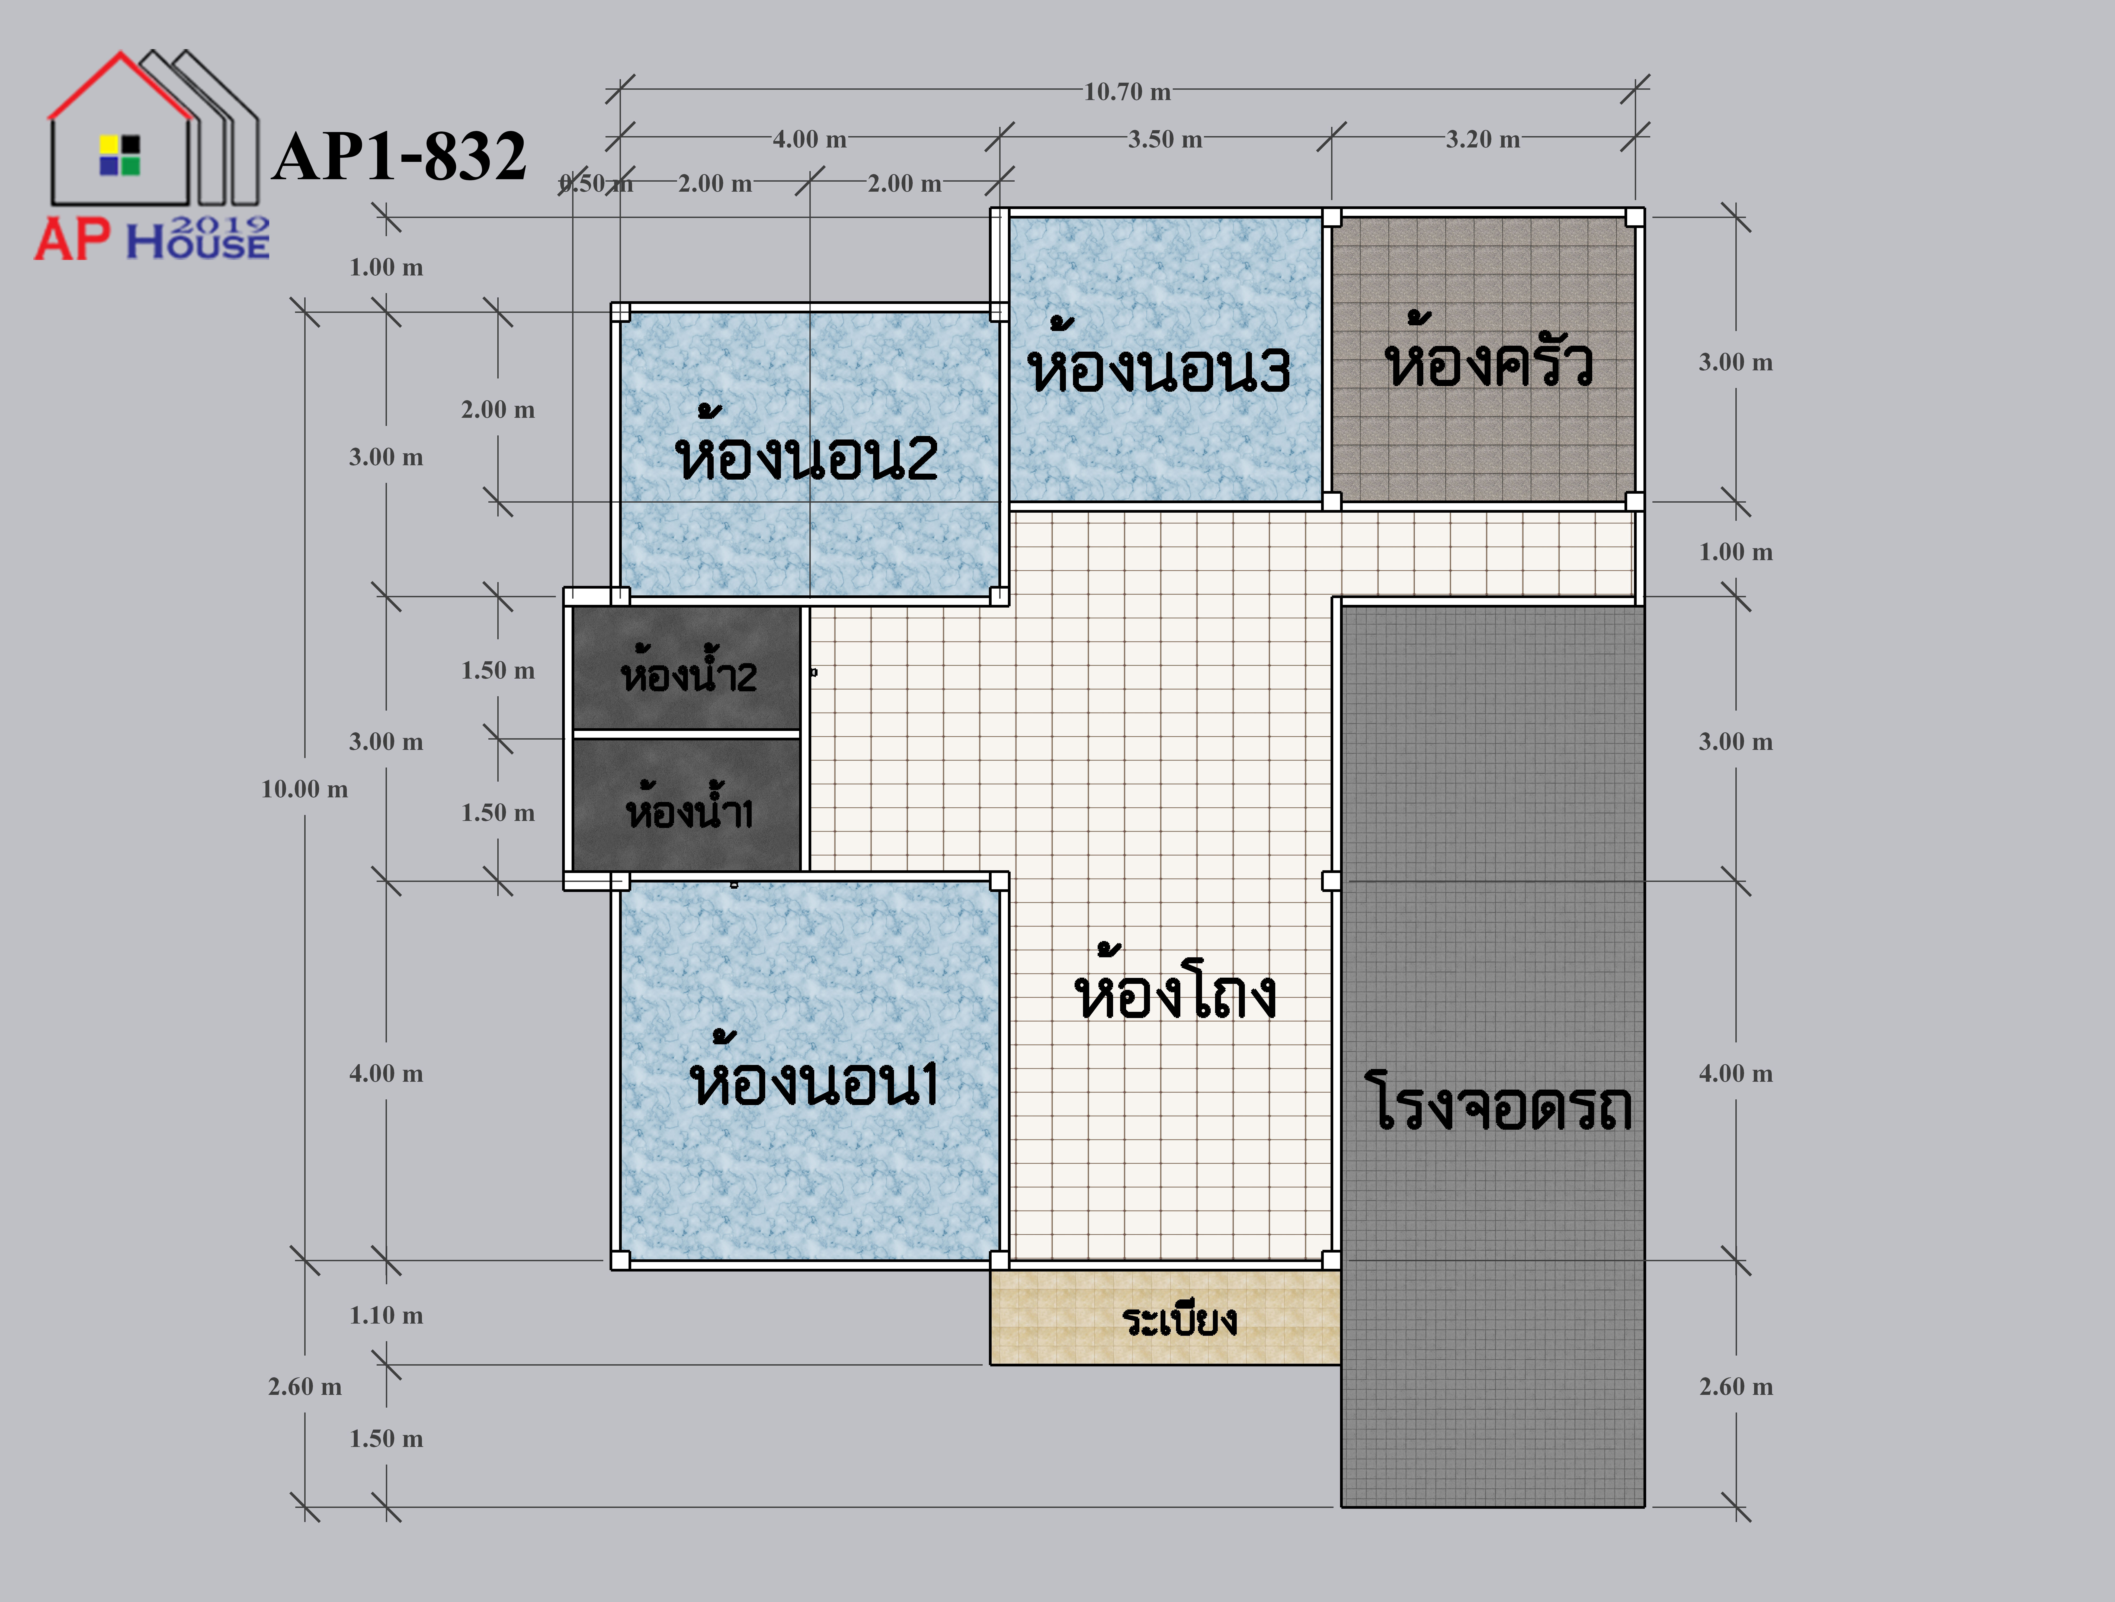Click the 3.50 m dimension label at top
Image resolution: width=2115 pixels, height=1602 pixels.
pyautogui.click(x=1165, y=140)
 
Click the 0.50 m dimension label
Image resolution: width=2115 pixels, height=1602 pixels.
pyautogui.click(x=596, y=184)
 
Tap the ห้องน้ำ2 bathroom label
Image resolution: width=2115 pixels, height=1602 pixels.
pyautogui.click(x=688, y=668)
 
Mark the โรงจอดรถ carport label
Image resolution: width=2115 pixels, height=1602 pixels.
pyautogui.click(x=1499, y=1101)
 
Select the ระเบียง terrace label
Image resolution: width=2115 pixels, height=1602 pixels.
pyautogui.click(x=1180, y=1320)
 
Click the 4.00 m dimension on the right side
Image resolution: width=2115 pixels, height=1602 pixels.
pyautogui.click(x=1735, y=1073)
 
